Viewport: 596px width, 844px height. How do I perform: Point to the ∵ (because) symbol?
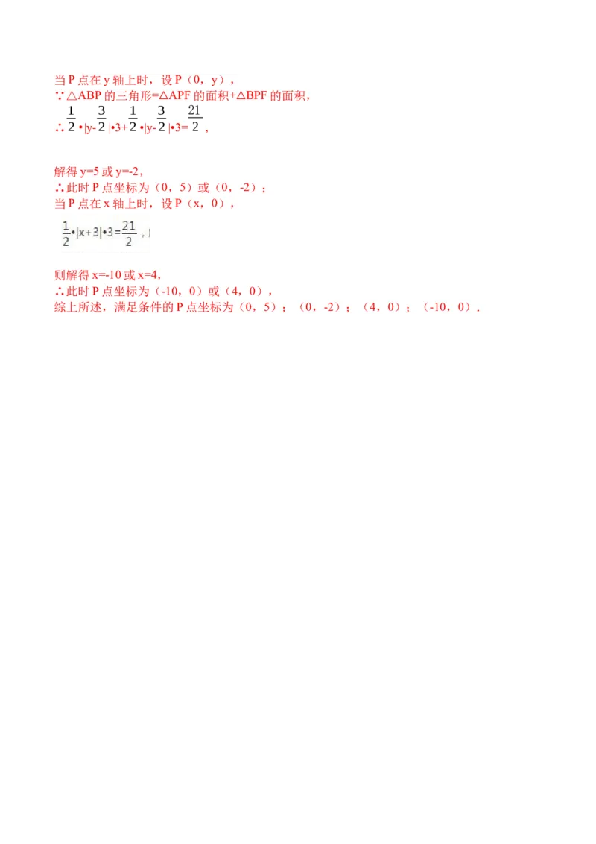click(x=59, y=96)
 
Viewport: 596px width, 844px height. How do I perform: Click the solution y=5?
click(x=90, y=172)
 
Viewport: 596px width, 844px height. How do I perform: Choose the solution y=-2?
click(x=127, y=172)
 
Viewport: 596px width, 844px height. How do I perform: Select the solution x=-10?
click(x=107, y=275)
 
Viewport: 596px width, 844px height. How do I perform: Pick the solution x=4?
click(x=148, y=275)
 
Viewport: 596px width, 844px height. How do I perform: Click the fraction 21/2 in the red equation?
click(x=194, y=119)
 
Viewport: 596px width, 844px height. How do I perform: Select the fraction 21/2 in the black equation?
click(x=129, y=233)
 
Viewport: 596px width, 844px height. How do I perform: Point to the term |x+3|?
click(x=88, y=233)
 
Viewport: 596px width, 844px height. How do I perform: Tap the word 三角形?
click(x=134, y=96)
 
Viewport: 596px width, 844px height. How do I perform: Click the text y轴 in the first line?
click(x=113, y=81)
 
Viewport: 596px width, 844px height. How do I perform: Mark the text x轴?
click(x=113, y=204)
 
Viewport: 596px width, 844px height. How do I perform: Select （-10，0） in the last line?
click(x=448, y=307)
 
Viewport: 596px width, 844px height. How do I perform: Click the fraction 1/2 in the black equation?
click(x=66, y=233)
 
